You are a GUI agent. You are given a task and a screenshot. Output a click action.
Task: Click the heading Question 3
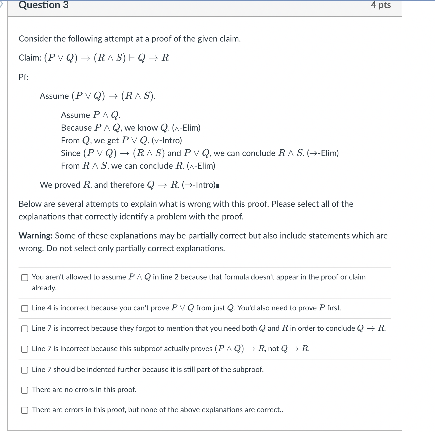(43, 5)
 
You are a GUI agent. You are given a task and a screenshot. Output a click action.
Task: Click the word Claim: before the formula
(30, 58)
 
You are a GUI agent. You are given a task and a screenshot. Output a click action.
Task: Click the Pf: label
(24, 77)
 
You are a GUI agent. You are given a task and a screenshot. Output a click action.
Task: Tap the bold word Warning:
(36, 236)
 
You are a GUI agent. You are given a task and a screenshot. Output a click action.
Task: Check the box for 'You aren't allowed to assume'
(25, 277)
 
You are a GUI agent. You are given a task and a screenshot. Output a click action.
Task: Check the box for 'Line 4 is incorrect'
(25, 308)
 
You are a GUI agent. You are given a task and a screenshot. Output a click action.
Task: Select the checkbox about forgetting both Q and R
(25, 329)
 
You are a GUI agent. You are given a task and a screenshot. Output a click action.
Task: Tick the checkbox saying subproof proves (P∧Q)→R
(25, 349)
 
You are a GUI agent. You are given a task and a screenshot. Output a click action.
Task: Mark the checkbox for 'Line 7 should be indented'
(25, 370)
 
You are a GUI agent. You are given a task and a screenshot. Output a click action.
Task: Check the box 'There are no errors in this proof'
(25, 390)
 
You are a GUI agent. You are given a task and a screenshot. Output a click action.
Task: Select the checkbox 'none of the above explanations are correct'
(25, 410)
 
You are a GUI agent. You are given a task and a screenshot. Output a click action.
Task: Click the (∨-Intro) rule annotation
(167, 140)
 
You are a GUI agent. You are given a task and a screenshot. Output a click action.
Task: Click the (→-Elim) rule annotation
(323, 153)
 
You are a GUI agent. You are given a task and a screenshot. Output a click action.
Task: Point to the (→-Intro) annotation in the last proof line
(199, 185)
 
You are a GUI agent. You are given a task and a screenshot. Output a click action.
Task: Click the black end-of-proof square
(218, 186)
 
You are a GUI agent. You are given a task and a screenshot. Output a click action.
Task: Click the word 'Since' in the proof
(71, 153)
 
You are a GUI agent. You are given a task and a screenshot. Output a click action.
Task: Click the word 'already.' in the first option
(44, 288)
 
